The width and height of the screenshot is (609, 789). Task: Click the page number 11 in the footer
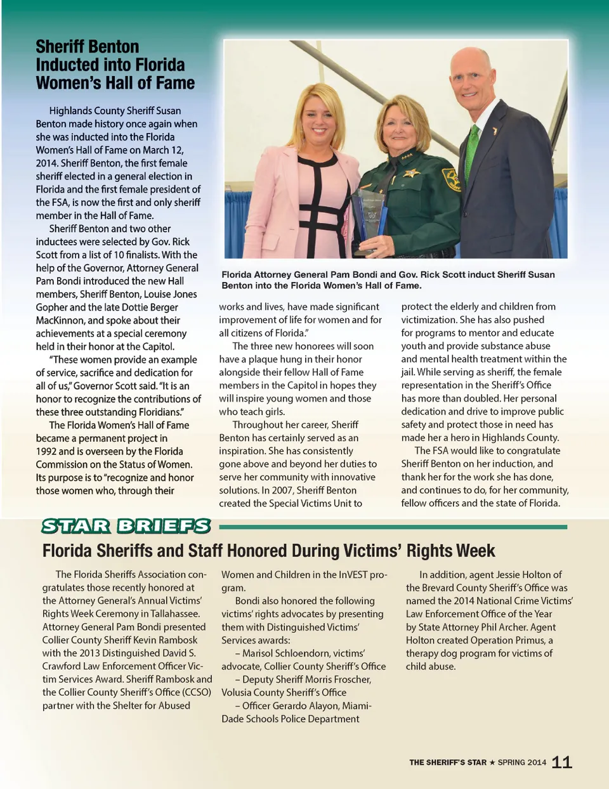(x=562, y=762)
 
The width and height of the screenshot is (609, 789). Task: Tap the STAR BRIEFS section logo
(x=126, y=526)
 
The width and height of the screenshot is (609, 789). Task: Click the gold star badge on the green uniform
(x=411, y=172)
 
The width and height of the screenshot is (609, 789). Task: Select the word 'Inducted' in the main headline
(x=65, y=65)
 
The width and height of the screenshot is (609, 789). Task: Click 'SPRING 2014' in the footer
(x=521, y=762)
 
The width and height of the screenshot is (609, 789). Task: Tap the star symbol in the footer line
(x=492, y=762)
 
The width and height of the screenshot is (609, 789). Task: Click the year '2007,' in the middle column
(x=282, y=490)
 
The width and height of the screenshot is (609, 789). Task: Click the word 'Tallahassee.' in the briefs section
(x=169, y=613)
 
